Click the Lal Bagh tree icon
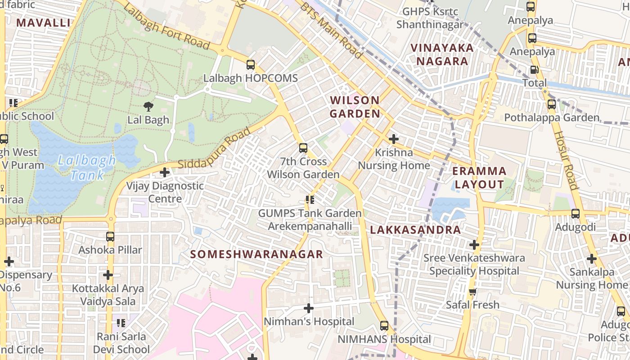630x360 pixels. point(148,107)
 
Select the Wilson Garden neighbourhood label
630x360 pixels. point(355,107)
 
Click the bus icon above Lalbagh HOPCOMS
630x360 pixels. point(251,65)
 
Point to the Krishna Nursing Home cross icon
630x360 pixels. point(394,139)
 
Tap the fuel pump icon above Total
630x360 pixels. point(534,70)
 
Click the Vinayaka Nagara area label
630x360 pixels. point(442,54)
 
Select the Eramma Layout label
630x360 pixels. point(479,178)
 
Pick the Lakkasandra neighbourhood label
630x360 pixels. point(415,230)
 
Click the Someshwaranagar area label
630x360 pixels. point(256,254)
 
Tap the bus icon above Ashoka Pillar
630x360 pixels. point(110,236)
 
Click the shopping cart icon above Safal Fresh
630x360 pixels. point(472,292)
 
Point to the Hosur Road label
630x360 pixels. point(565,160)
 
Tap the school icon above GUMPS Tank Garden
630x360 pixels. point(310,199)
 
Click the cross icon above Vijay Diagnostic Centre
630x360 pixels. point(165,172)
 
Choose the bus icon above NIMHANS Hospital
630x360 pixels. point(384,326)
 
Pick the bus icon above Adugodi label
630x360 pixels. point(575,214)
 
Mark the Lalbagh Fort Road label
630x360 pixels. point(166,28)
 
